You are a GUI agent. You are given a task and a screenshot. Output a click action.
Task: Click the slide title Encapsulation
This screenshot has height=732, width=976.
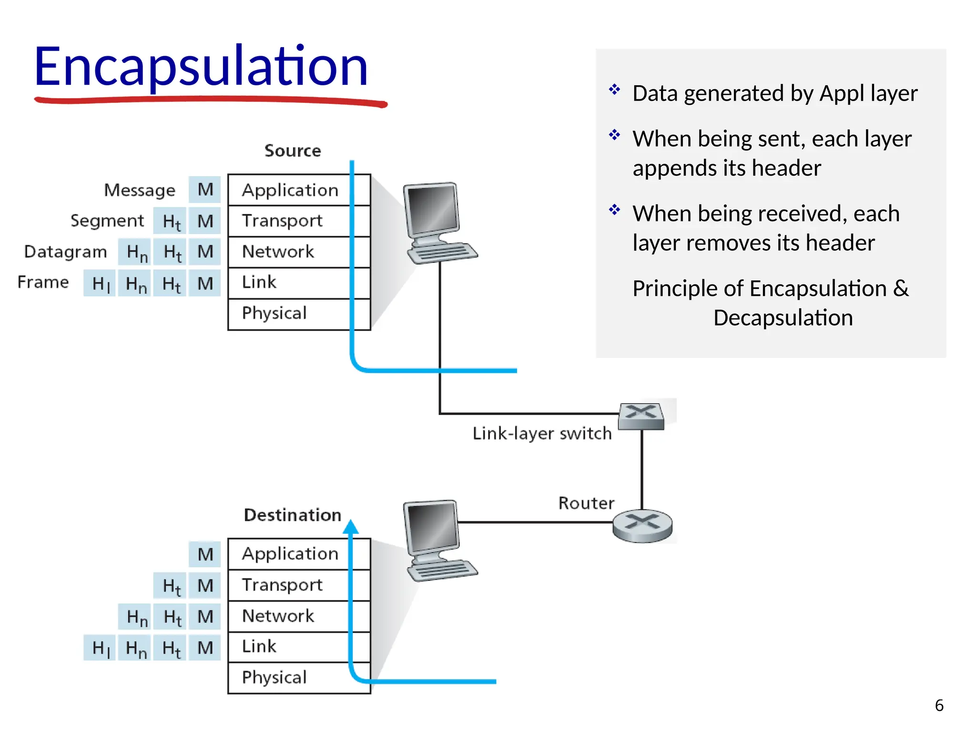200,67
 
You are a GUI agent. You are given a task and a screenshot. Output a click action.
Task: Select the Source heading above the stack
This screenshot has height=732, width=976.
293,151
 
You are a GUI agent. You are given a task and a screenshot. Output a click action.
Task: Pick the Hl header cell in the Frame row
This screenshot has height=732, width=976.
100,284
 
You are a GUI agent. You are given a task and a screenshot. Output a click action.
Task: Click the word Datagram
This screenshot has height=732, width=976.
66,252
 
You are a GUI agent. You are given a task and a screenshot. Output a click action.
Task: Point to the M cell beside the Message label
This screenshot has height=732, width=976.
205,190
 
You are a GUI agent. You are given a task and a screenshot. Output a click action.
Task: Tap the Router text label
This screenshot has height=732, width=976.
586,503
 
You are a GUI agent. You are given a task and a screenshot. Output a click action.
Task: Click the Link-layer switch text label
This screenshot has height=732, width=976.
542,434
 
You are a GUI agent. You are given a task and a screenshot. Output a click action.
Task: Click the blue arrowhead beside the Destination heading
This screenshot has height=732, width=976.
351,527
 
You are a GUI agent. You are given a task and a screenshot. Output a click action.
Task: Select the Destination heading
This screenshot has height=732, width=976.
293,515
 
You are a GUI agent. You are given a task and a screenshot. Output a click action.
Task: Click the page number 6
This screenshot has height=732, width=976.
939,705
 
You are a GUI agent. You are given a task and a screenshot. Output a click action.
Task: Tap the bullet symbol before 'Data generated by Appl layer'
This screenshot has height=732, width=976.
614,89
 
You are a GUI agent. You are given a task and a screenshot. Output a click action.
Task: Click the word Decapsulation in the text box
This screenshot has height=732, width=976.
783,318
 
